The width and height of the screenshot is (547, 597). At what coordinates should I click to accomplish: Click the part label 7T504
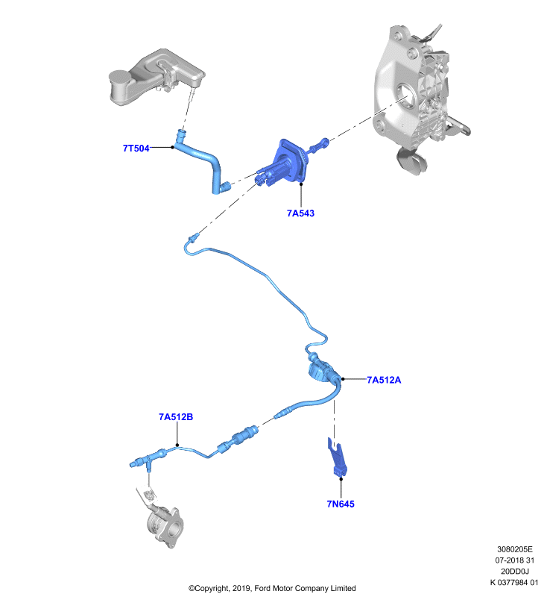click(x=136, y=148)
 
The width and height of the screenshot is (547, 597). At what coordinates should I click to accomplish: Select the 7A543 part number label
click(x=300, y=213)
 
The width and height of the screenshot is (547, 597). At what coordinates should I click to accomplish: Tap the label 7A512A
click(x=384, y=380)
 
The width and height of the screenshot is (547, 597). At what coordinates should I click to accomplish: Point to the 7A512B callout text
click(x=176, y=417)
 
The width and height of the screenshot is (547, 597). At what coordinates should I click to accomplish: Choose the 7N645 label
click(x=341, y=504)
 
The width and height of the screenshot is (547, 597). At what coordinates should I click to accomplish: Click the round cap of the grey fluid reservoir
click(x=120, y=77)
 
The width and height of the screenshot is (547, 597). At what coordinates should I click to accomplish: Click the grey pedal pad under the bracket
click(x=411, y=161)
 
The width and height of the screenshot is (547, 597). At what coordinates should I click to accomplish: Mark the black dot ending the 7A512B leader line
click(x=177, y=445)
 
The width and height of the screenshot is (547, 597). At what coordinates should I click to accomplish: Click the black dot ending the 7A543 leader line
click(x=300, y=184)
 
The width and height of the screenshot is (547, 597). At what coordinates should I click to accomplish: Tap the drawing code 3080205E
click(x=515, y=549)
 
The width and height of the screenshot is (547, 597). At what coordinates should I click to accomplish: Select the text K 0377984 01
click(x=514, y=583)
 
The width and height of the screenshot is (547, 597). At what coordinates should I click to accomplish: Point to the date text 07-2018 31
click(x=515, y=560)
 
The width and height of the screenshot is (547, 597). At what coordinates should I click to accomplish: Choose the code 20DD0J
click(x=515, y=572)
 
